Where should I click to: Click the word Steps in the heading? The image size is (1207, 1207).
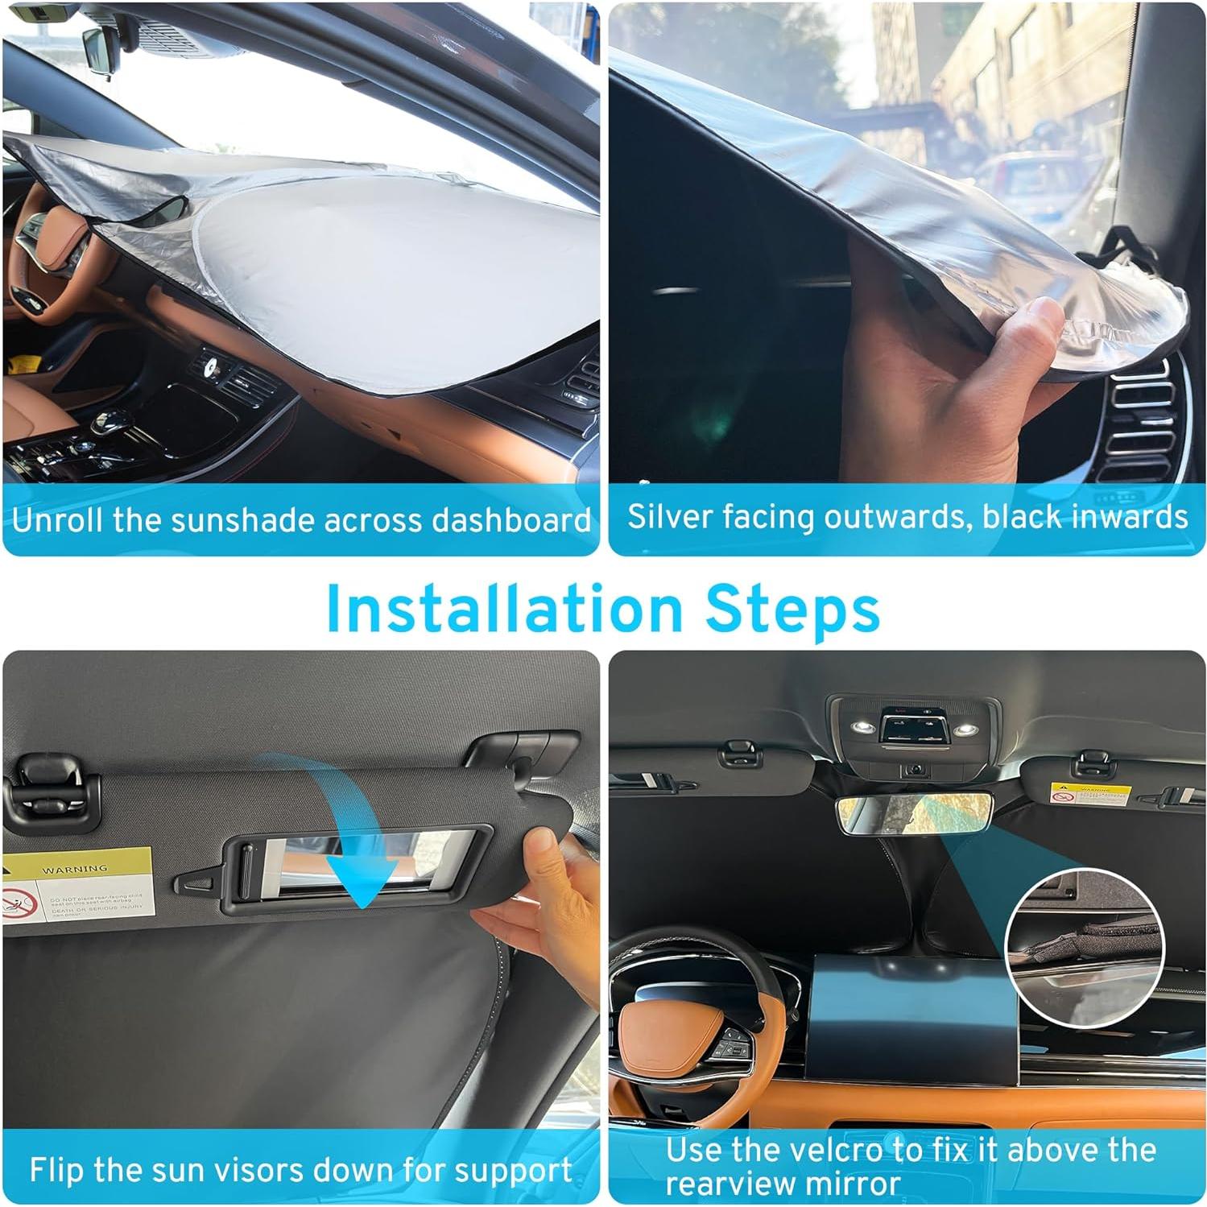coord(792,610)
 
